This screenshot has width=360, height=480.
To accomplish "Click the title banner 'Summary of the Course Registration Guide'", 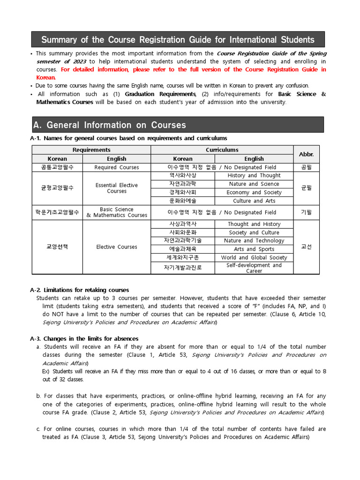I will pos(178,39).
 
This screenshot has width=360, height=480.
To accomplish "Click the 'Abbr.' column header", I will pos(306,154).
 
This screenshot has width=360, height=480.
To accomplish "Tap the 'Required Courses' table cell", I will pos(117,167).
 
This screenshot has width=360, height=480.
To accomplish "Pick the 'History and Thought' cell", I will pos(254,176).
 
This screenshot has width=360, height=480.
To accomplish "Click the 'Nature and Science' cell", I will pos(254,184).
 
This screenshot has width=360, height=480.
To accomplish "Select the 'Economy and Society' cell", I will pos(254,193).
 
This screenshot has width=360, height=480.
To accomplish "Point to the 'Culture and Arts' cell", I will pos(254,201).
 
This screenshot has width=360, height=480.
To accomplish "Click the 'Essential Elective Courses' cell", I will pos(117,188).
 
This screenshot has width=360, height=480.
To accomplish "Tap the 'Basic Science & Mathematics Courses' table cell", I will pos(117,212).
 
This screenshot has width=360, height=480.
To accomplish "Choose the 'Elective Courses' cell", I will pos(117,247).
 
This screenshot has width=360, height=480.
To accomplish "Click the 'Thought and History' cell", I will pos(254,225).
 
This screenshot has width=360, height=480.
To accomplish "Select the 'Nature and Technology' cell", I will pos(254,241).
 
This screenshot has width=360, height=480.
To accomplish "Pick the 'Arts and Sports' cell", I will pos(254,249).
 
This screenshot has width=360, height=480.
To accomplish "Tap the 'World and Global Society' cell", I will pos(254,258).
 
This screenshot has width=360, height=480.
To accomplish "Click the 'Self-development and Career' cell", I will pos(254,268).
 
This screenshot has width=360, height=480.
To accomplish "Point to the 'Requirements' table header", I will pos(91,150).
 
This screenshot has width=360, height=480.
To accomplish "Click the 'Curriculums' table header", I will pos(222,150).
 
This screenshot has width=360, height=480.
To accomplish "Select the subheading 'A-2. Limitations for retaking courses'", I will pos(79,290).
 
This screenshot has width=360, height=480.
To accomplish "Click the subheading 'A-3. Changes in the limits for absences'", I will pos(84,338).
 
